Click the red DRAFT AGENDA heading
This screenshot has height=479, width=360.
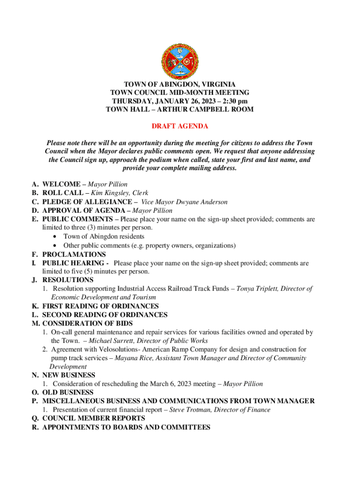coord(180,127)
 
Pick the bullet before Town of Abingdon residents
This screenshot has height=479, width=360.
coord(56,237)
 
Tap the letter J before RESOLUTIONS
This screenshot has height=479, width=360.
coord(34,280)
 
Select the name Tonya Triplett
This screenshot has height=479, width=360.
coord(256,289)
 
